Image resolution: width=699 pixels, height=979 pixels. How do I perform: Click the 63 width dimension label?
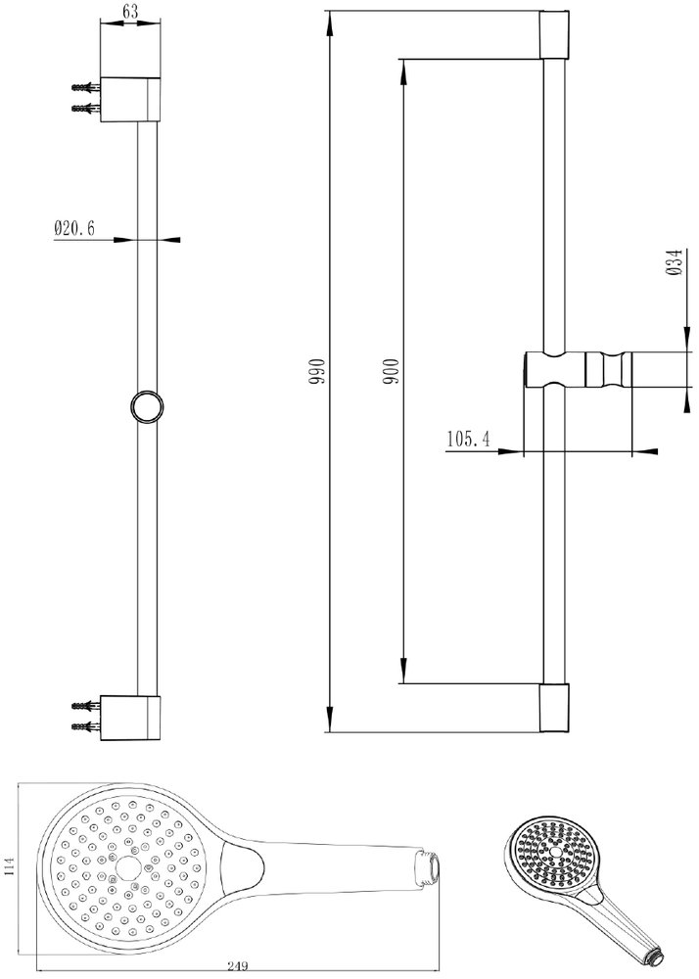point(131,11)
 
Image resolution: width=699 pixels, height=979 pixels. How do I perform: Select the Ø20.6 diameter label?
point(74,228)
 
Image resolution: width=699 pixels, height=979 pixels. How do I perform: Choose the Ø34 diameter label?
point(674,262)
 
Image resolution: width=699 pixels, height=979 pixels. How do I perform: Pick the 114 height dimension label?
point(8,867)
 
